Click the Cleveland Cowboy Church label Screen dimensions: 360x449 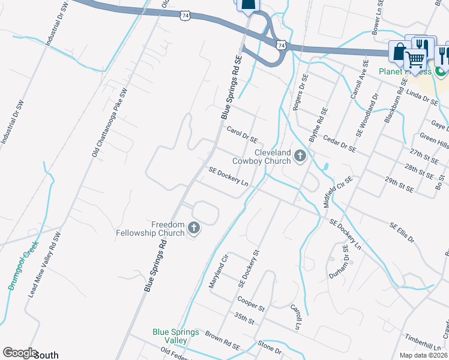tap(273, 157)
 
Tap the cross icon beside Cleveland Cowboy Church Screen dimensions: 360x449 tap(300, 157)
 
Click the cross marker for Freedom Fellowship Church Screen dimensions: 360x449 tap(193, 227)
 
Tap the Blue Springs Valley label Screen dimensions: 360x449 tap(176, 336)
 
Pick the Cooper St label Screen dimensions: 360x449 tap(251, 303)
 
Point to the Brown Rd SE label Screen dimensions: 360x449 tap(222, 340)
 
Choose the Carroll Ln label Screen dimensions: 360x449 tap(295, 316)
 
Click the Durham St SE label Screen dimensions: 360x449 tap(339, 262)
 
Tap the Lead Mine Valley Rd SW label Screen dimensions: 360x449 tap(46, 265)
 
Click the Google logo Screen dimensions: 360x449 tap(20, 353)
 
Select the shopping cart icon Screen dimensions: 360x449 tap(415, 58)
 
